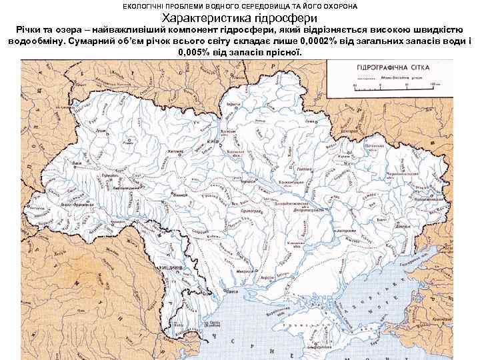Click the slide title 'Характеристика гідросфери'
point(240,18)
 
